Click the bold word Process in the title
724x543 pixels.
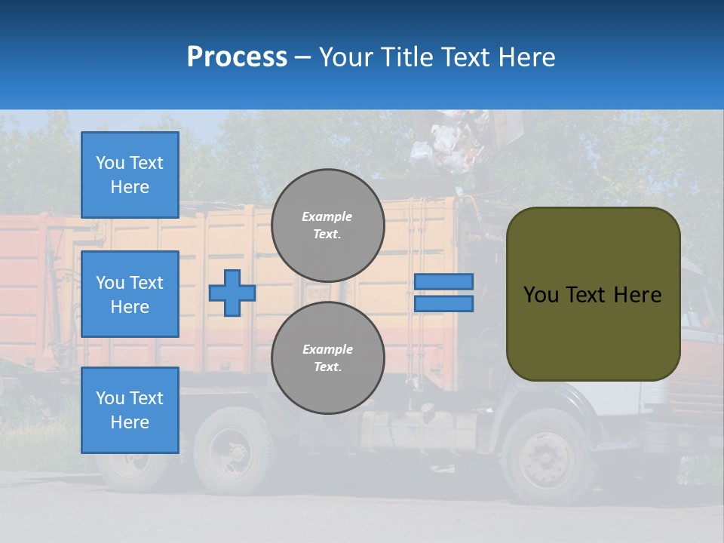(x=237, y=57)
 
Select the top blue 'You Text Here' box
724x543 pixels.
(x=130, y=175)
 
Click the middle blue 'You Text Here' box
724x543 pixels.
(x=130, y=294)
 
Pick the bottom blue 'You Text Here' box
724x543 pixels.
(x=130, y=410)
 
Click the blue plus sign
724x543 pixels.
(x=232, y=293)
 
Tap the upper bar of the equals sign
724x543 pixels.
(x=443, y=281)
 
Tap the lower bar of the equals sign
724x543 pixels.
(x=443, y=304)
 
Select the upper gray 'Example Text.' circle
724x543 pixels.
(x=327, y=225)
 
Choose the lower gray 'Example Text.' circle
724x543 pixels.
(x=327, y=358)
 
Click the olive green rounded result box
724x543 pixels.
(x=593, y=294)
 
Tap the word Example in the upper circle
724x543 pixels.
(x=327, y=216)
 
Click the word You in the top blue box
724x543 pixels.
(x=110, y=163)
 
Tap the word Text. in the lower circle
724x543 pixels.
(x=327, y=367)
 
